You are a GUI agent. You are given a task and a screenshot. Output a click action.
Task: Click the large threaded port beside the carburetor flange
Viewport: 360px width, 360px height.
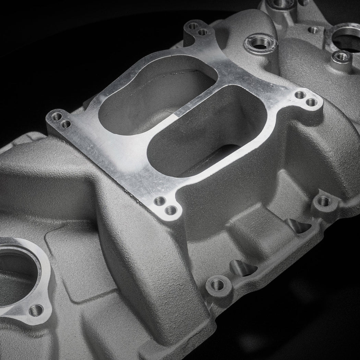point(261,43)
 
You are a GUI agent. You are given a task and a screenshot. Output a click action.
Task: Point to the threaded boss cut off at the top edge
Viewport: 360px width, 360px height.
point(281,3)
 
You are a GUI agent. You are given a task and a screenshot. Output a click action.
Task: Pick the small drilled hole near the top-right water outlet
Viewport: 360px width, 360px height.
point(313,30)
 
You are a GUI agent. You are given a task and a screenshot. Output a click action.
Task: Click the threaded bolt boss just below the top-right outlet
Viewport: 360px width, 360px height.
point(342,57)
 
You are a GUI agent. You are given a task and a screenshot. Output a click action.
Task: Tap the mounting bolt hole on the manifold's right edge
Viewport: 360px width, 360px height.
point(324,201)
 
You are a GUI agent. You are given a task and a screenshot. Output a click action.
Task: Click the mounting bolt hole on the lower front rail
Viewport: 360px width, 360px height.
point(217,285)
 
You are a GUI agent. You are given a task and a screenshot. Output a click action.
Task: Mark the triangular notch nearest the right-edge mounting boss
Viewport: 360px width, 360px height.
point(297,225)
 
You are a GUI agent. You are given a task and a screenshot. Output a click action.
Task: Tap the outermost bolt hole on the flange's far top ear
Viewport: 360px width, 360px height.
point(193,26)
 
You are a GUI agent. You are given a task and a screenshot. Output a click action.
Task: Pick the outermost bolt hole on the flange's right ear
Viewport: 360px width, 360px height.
point(311,102)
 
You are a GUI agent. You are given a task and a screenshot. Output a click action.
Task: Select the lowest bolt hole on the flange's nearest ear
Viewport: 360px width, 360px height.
point(171,210)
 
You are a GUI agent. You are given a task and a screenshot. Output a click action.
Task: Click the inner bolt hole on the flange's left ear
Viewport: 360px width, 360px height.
point(66,124)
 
